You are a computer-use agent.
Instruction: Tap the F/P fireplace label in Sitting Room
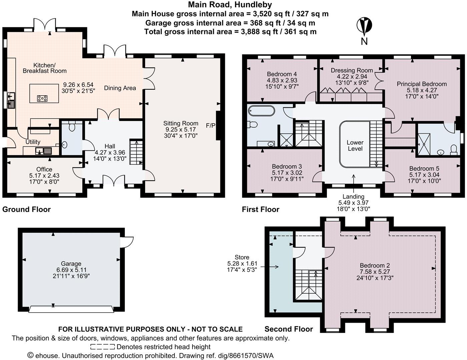point(211,126)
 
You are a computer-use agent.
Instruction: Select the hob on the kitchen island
point(42,98)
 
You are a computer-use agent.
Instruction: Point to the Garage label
point(71,264)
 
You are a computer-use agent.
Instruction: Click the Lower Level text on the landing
point(355,145)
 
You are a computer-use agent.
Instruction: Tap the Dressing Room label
point(352,70)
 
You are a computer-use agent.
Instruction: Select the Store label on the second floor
point(242,257)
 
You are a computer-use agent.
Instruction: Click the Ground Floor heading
point(26,209)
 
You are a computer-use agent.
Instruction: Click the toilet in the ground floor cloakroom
point(71,126)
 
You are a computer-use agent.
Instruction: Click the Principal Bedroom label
point(421,84)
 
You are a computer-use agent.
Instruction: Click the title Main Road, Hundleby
point(230,5)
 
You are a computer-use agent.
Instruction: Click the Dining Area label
point(120,88)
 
